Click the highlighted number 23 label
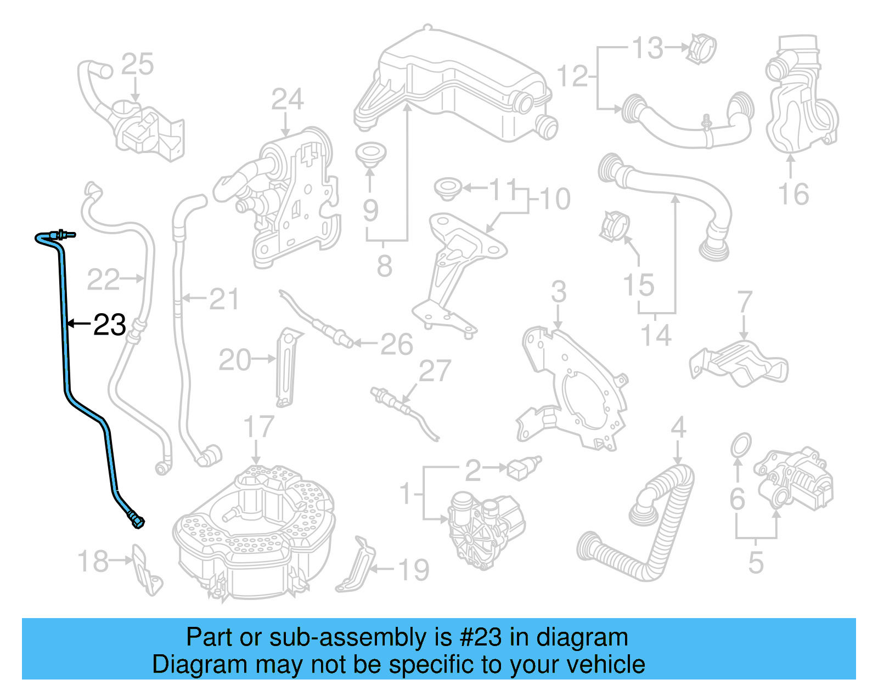click(110, 325)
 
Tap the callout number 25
click(137, 65)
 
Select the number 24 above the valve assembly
click(287, 100)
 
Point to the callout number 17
click(258, 427)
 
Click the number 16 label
click(793, 194)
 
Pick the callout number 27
click(435, 371)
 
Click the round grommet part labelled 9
click(370, 154)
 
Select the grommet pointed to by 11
click(447, 188)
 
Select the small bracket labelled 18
click(145, 570)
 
